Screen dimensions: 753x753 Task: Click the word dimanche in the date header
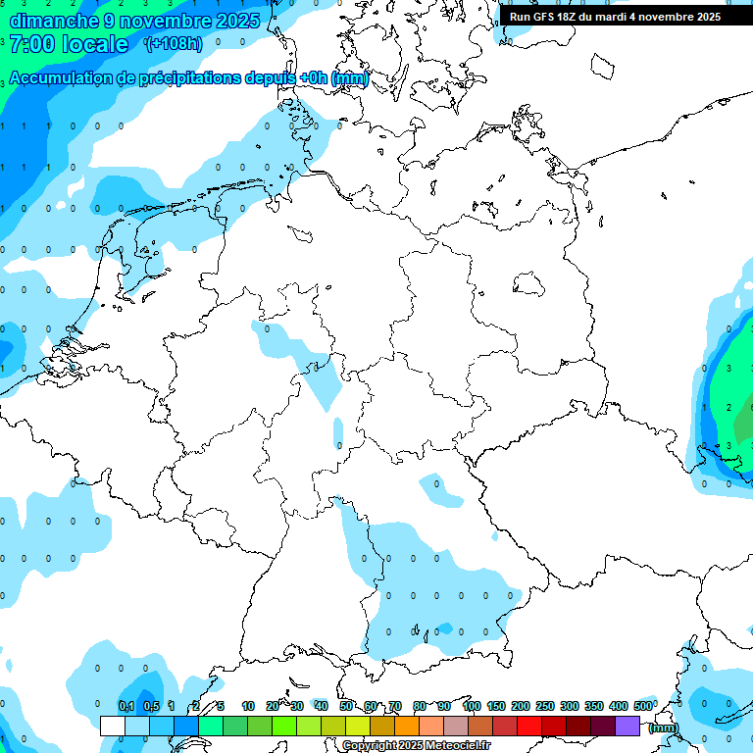pos(53,21)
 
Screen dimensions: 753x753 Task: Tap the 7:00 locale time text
pos(69,44)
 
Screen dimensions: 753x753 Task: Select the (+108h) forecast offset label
pos(176,44)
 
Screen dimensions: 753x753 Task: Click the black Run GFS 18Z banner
pos(615,16)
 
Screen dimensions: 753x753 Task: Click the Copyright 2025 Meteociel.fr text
pos(416,746)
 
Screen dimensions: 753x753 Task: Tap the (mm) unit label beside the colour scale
pos(664,728)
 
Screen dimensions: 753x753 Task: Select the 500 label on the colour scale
pos(643,706)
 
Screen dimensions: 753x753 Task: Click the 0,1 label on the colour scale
pos(126,706)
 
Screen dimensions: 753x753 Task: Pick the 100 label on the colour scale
pos(472,706)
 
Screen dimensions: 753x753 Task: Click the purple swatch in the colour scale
pos(627,727)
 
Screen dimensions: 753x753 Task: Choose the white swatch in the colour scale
pos(113,727)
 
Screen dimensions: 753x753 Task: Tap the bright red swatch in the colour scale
pos(529,727)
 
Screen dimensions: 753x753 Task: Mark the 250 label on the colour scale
pos(545,706)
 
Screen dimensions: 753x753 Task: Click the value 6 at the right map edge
pos(750,407)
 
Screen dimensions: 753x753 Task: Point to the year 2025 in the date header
pos(236,21)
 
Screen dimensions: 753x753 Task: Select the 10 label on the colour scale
pos(248,706)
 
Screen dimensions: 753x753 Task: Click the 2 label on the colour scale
pos(197,706)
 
